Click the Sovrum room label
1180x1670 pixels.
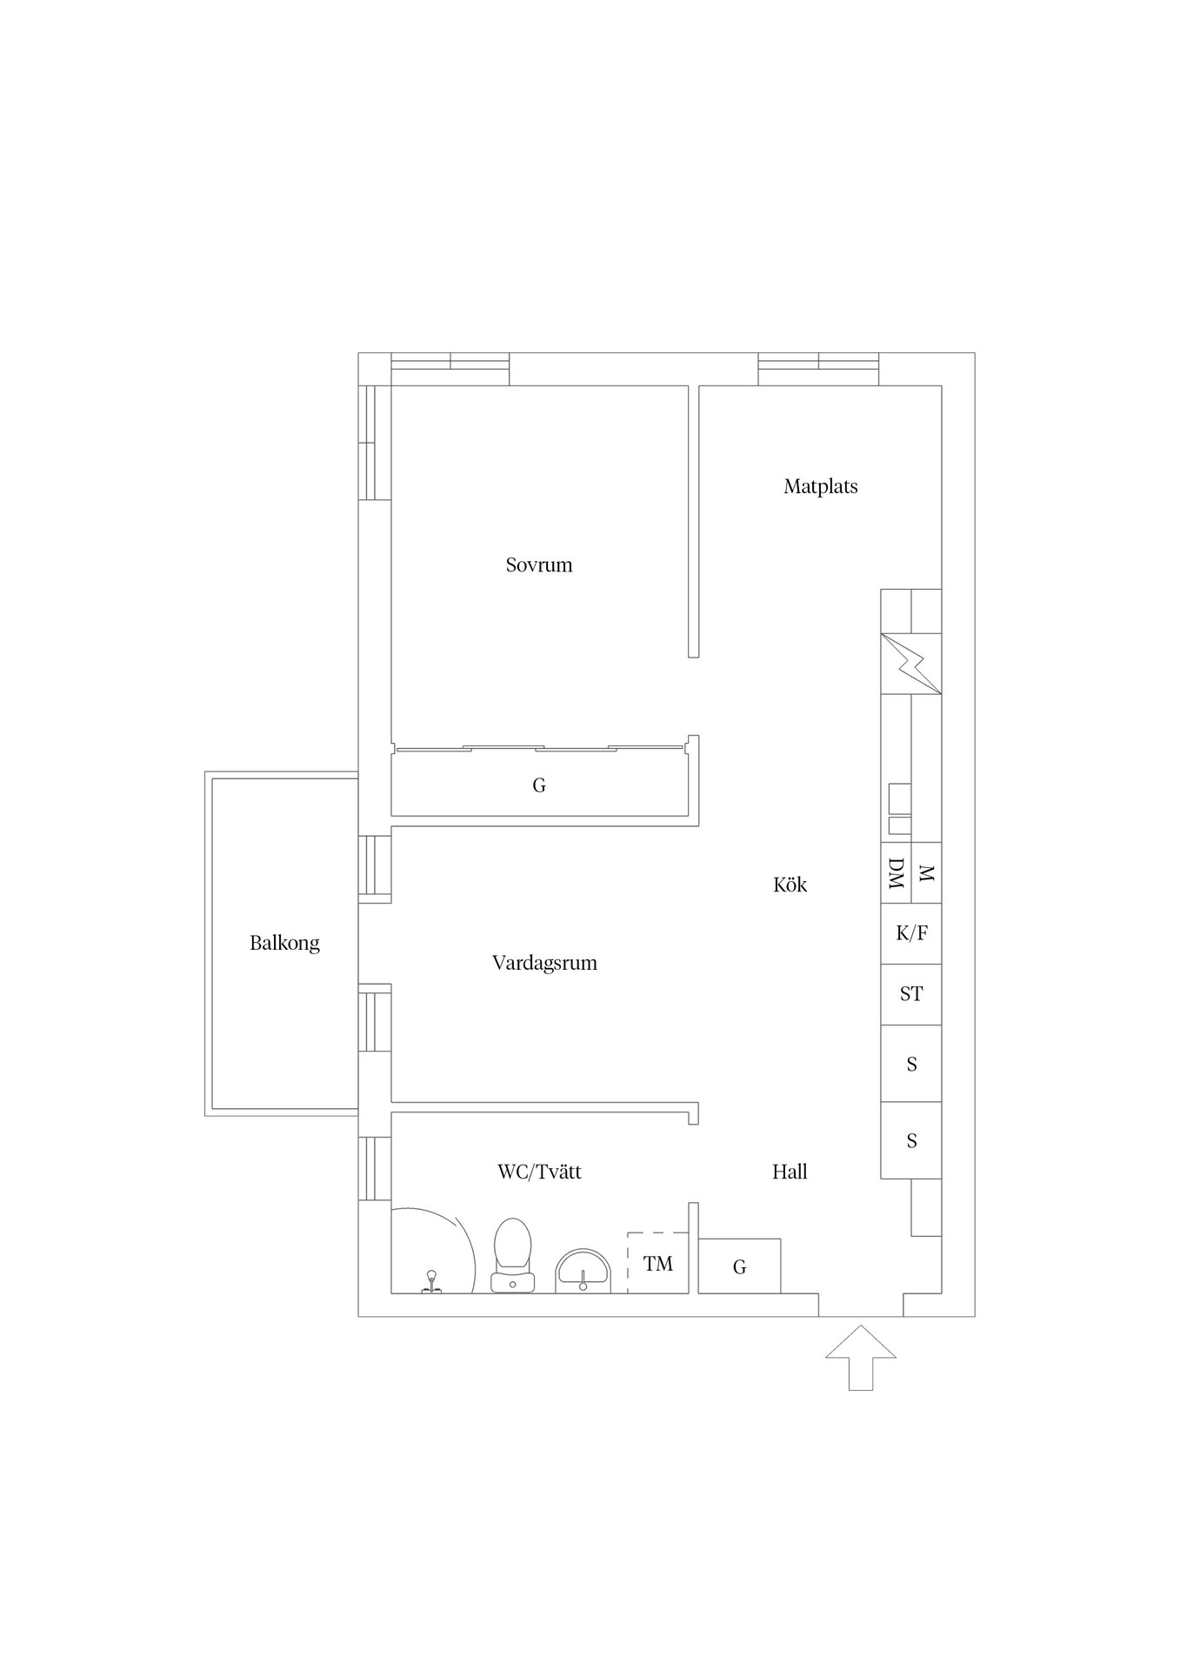(x=539, y=565)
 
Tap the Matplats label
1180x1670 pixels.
(x=821, y=487)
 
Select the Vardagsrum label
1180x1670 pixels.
(x=544, y=964)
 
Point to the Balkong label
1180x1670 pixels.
(x=284, y=944)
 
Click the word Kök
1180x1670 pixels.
(x=790, y=885)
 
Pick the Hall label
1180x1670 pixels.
(x=790, y=1172)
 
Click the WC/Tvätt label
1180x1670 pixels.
(x=539, y=1172)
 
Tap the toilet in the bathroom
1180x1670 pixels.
(x=512, y=1255)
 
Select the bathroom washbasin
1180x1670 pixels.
(x=583, y=1271)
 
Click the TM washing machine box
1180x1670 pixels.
(x=658, y=1263)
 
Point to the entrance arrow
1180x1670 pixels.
(x=861, y=1358)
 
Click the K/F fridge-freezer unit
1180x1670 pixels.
(x=911, y=934)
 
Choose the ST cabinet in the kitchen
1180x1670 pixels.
(x=911, y=995)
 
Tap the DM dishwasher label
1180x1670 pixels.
(x=897, y=873)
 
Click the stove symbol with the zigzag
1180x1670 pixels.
(x=911, y=664)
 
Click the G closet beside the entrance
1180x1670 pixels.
(x=739, y=1266)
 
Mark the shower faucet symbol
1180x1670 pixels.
(x=430, y=1282)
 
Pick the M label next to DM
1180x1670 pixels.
(x=926, y=873)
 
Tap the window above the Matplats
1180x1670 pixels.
(x=818, y=369)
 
